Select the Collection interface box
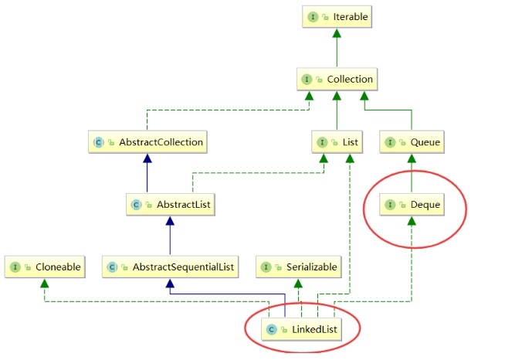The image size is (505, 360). [337, 79]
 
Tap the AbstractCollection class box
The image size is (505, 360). [147, 142]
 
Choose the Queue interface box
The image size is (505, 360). [411, 142]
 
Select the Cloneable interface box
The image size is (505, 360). [46, 267]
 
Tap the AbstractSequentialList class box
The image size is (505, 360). [169, 267]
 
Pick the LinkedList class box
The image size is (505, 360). [303, 330]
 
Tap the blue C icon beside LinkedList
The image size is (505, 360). [272, 330]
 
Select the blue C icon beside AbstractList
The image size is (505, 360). [137, 205]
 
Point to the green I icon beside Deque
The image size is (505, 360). [391, 205]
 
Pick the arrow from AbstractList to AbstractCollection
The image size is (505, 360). [147, 173]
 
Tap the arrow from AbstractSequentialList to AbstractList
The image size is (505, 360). [169, 236]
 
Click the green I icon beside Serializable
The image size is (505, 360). [266, 267]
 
